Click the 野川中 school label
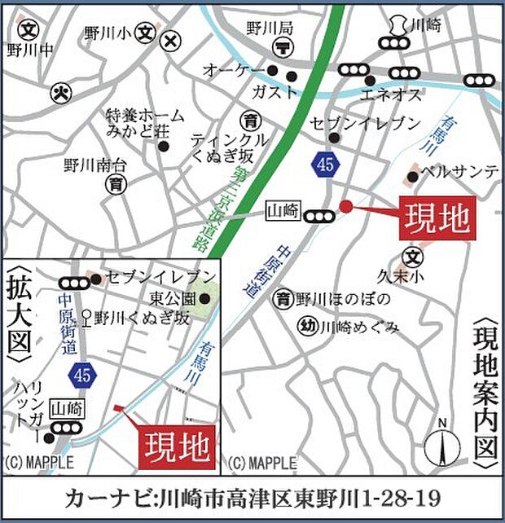click(30, 50)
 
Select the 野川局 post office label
click(264, 29)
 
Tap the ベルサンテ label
click(459, 171)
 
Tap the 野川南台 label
click(92, 166)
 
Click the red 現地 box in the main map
click(436, 218)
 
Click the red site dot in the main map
click(345, 206)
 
